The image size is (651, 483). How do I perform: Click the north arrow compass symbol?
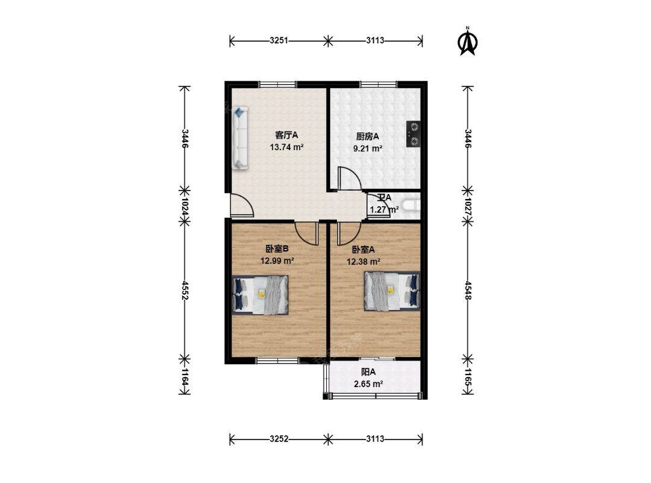(468, 41)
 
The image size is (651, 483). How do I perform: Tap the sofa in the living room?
(239, 138)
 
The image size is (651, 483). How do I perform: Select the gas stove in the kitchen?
(413, 134)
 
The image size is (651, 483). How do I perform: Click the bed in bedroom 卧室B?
(260, 294)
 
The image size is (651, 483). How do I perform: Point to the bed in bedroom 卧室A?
(392, 291)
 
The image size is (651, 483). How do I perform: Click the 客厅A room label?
(286, 135)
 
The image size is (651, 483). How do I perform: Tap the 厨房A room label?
(368, 136)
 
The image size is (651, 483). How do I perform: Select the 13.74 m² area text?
(286, 147)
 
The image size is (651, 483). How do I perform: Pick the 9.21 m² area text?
(368, 148)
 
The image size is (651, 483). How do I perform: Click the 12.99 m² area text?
(277, 261)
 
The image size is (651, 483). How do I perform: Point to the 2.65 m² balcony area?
(368, 384)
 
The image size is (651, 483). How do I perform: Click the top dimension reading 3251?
(278, 40)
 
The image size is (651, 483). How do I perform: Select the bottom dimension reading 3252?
(278, 439)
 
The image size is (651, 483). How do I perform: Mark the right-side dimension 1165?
(468, 377)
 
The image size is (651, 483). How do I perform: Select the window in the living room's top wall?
(277, 84)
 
